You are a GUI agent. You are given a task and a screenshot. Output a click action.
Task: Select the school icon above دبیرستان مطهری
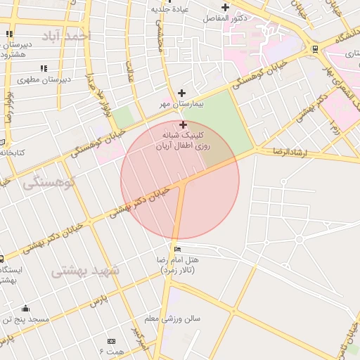(44, 69)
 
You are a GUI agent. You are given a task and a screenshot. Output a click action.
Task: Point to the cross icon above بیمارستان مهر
(182, 93)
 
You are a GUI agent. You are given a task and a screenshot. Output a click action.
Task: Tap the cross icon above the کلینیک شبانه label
(183, 124)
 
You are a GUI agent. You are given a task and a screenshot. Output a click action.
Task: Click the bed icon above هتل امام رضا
(176, 249)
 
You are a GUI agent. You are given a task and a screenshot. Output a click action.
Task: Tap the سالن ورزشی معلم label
(172, 319)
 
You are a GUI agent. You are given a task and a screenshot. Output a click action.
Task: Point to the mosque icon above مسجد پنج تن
(25, 308)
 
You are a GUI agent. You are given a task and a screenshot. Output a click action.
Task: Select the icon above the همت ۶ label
(111, 340)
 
